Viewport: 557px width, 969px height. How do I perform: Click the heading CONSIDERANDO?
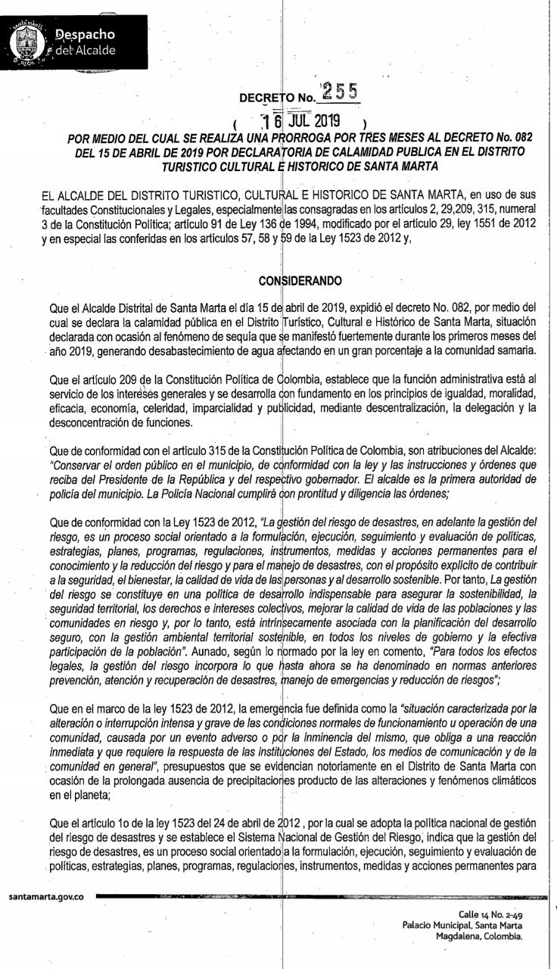[300, 281]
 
